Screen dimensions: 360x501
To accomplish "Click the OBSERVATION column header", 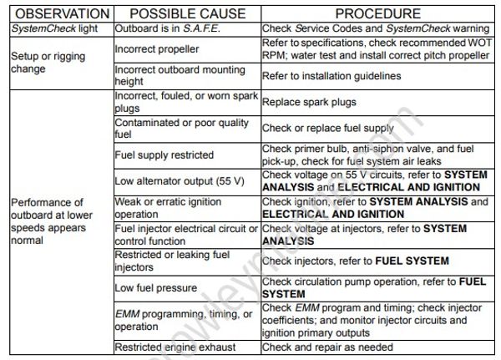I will [x=58, y=14].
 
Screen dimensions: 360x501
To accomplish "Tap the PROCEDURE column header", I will [x=377, y=14].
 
